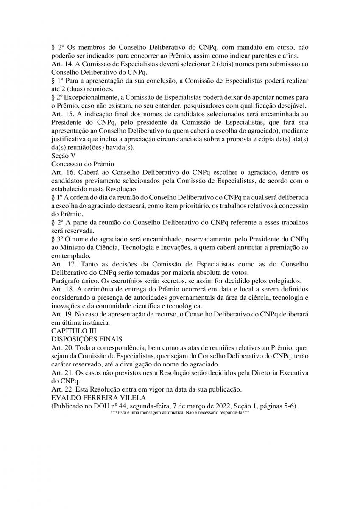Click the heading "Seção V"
64,155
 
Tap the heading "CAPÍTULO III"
73,330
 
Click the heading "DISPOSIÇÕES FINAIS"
87,338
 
